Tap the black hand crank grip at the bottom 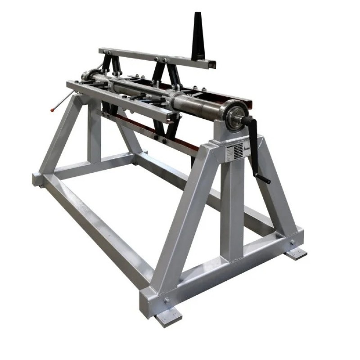pos(264,180)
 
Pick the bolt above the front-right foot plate pos(292,242)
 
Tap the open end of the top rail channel pos(210,64)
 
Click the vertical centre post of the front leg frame pos(232,207)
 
